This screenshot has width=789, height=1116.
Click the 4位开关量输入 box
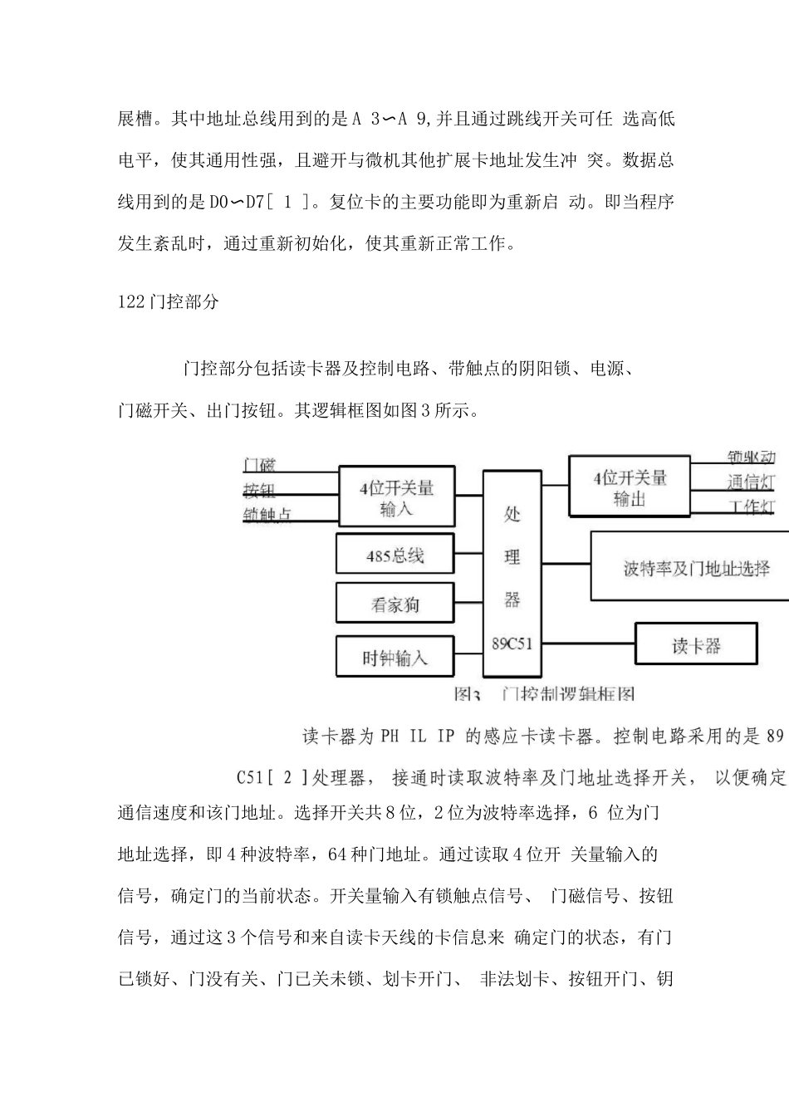(396, 496)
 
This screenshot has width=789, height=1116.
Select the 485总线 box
(394, 554)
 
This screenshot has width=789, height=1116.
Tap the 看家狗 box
(394, 602)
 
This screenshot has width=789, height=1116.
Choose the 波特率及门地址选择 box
(696, 567)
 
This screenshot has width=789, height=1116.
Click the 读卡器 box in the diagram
(696, 644)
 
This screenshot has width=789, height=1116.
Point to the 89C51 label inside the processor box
(512, 643)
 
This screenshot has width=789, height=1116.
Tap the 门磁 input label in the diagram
(259, 465)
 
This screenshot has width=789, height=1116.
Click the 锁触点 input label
(267, 515)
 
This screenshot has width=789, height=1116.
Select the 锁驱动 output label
(751, 458)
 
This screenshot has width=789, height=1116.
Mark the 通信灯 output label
(751, 482)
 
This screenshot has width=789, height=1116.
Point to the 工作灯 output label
(751, 507)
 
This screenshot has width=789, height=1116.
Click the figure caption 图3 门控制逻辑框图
(544, 694)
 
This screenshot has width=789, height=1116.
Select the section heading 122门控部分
(169, 302)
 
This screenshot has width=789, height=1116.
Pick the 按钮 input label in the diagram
(259, 490)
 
